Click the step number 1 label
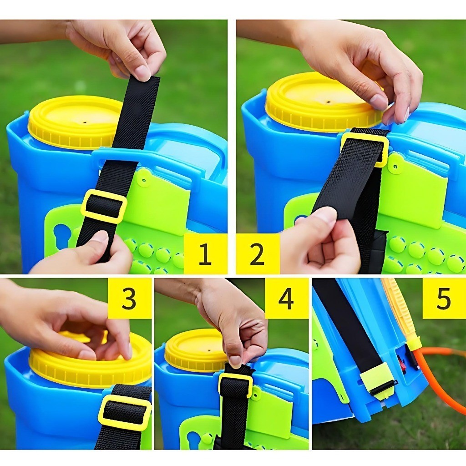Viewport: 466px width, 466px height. click(205, 253)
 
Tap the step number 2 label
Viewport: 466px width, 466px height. click(257, 253)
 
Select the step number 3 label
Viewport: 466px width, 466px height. click(129, 298)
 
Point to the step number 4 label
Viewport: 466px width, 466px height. click(286, 298)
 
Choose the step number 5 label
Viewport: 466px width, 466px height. click(444, 298)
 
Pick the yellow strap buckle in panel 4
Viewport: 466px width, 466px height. click(235, 385)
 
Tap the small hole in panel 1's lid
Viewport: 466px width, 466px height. click(85, 122)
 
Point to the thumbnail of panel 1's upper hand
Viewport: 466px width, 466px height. click(143, 73)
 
